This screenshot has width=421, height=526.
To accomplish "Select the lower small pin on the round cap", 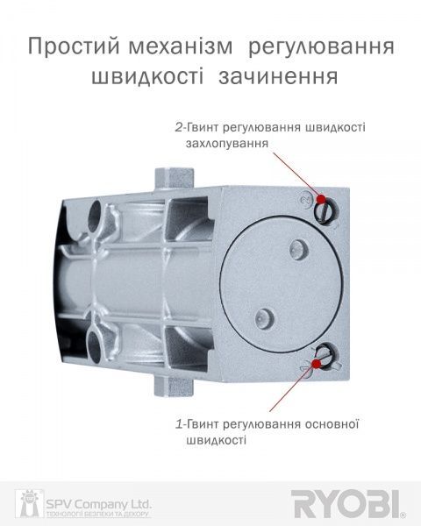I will (260, 316).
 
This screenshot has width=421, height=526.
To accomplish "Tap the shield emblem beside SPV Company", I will (27, 504).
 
